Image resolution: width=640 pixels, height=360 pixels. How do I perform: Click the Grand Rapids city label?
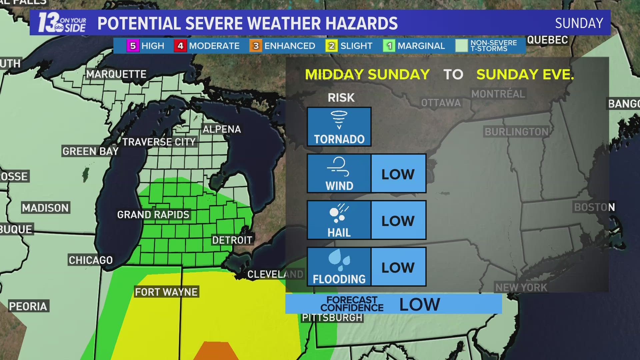[153, 215]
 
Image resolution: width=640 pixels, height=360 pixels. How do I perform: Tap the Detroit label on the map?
[232, 240]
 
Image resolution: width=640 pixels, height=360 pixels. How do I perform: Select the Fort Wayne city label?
[166, 292]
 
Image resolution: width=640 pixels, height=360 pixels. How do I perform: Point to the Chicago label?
[91, 260]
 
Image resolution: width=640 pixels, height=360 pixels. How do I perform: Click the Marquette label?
[116, 74]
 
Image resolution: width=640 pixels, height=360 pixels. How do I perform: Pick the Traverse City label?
[159, 142]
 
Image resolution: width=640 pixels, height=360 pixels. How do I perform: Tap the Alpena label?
[222, 129]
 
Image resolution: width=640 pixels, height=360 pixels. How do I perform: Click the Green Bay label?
[90, 151]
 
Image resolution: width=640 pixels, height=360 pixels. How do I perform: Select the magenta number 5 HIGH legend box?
[133, 46]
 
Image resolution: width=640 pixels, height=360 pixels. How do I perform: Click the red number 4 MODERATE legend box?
[180, 46]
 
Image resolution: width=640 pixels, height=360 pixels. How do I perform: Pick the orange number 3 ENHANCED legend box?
[256, 46]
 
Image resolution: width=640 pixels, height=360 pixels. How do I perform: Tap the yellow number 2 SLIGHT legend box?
[331, 46]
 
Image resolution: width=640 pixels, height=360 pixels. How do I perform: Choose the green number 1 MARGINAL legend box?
[389, 46]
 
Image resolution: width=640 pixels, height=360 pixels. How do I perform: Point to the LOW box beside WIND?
[398, 174]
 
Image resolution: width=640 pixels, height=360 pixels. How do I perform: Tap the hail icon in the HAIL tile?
[338, 213]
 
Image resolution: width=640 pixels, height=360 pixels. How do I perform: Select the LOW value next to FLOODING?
[398, 267]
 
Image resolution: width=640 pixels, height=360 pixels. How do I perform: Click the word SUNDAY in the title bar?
[579, 23]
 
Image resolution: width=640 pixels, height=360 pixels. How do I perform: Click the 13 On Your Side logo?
[62, 23]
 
